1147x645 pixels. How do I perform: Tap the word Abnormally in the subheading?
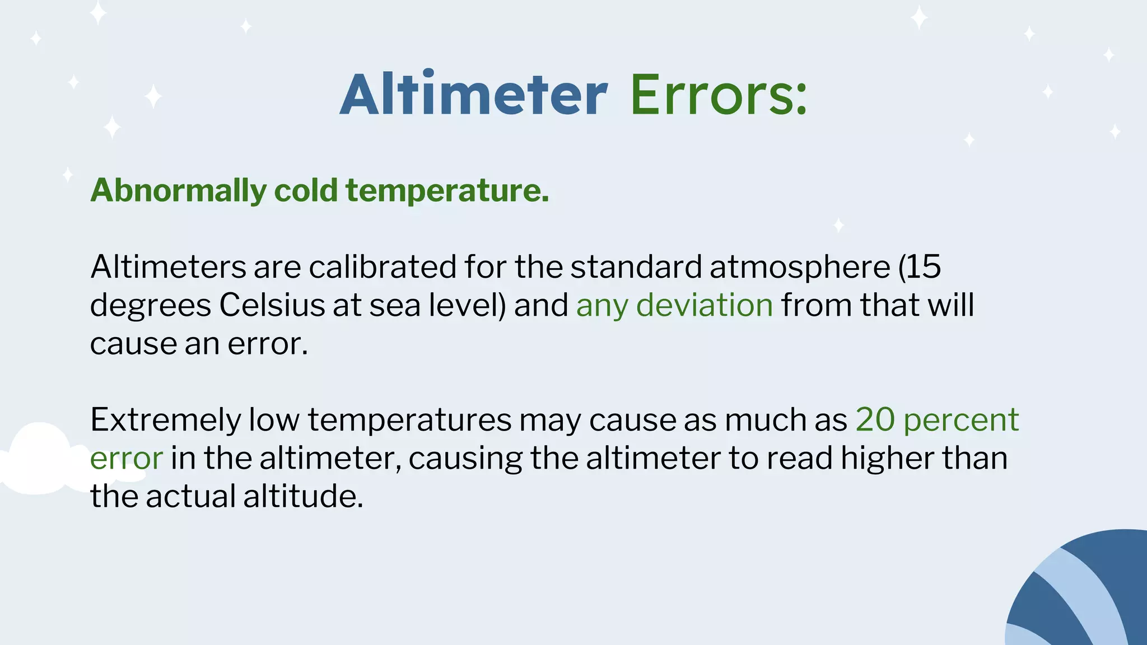tap(178, 190)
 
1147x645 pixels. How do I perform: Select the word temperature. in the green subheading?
tap(447, 190)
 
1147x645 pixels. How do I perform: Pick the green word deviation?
tap(704, 305)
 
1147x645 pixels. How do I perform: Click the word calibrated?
tap(383, 267)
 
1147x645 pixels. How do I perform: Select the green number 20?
tap(875, 419)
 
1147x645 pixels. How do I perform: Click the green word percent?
tap(961, 420)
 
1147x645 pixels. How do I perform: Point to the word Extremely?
tap(165, 420)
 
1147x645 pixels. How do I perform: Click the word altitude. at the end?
tap(303, 496)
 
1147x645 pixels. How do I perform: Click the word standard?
tap(636, 267)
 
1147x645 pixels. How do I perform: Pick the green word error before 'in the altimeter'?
tap(127, 459)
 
